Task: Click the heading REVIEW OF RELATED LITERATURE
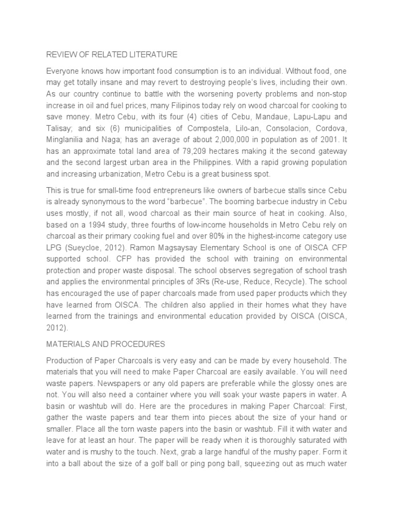[x=112, y=54]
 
